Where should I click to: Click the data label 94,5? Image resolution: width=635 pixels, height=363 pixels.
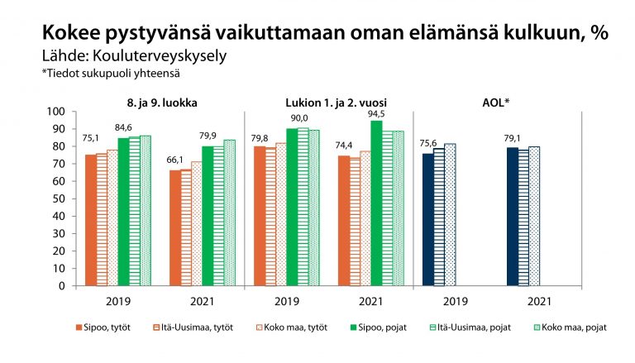376,113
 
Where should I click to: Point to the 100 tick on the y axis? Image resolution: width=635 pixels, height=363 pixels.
55,112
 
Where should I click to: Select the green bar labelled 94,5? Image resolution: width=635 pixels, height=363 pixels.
376,203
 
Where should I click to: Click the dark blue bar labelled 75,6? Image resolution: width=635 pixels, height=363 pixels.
427,219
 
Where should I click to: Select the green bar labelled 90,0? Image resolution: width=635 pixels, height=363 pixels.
291,207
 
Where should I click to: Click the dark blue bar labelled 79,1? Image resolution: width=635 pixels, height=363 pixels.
512,217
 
